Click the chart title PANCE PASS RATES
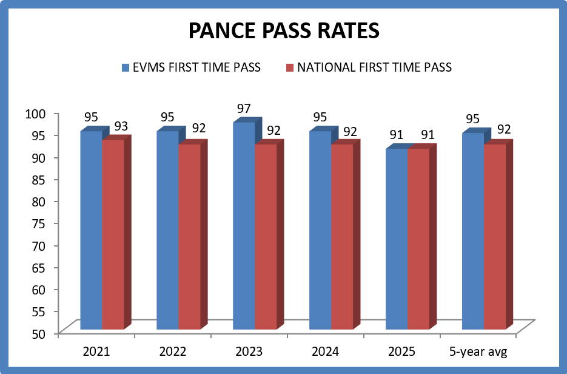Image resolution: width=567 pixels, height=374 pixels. pos(283,31)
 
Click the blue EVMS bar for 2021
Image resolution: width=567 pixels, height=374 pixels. pos(91,231)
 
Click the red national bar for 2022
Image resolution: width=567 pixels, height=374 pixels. pos(189,237)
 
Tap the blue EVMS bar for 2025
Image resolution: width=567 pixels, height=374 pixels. pos(396,239)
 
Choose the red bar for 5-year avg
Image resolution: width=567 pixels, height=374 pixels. pos(494,237)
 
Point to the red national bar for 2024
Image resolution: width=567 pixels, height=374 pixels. pos(341,237)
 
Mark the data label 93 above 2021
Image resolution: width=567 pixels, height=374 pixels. pos(121,126)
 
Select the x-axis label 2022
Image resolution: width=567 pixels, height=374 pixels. pos(172,352)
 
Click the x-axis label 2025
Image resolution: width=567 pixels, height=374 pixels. pos(401,352)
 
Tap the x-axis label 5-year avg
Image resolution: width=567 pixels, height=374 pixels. pos(478,352)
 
